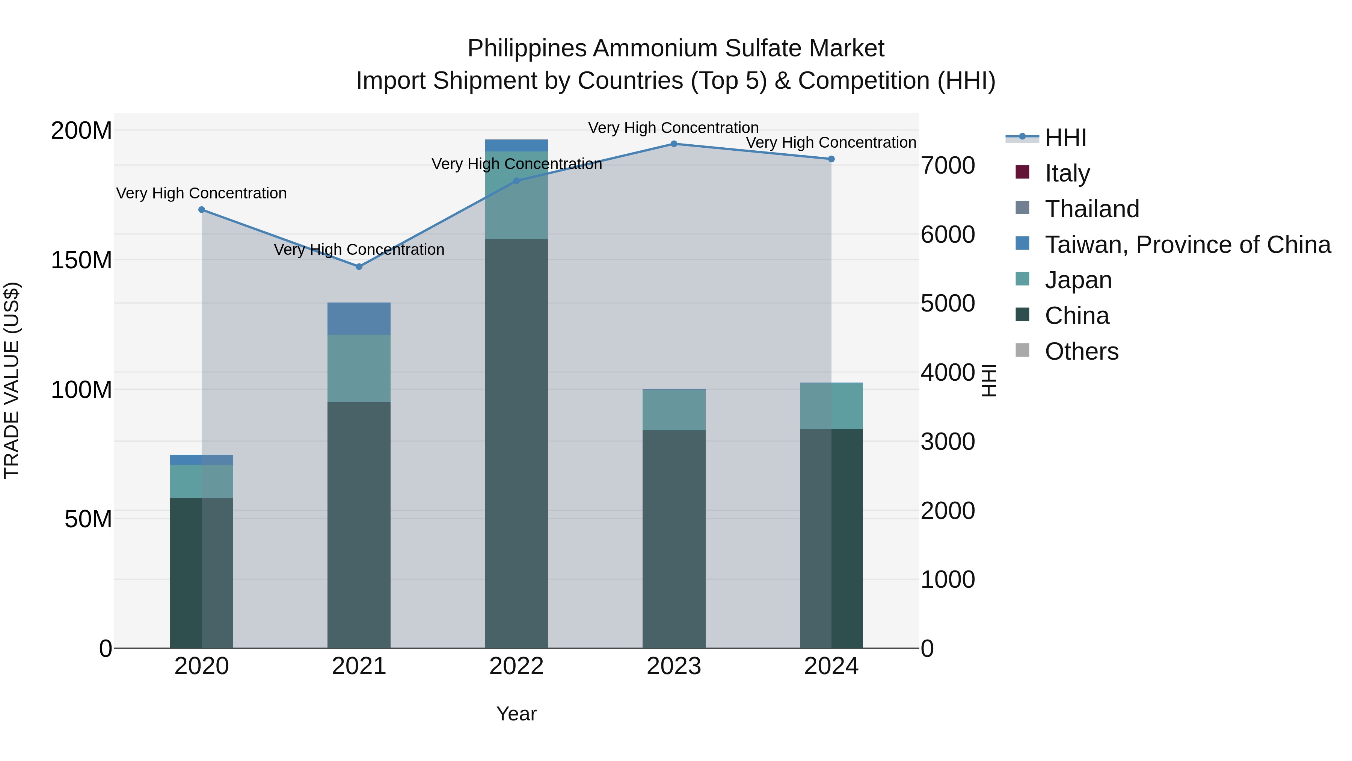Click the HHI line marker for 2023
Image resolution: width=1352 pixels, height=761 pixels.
click(x=674, y=144)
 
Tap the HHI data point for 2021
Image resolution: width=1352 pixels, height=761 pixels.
click(x=359, y=267)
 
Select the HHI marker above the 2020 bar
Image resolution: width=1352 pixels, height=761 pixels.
click(x=202, y=210)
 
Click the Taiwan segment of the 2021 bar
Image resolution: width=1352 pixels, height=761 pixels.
click(x=359, y=319)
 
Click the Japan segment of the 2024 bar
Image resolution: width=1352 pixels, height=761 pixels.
click(x=831, y=406)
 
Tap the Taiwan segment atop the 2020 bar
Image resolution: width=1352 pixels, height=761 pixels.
click(x=202, y=460)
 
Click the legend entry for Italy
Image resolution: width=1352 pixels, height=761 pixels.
click(x=1067, y=173)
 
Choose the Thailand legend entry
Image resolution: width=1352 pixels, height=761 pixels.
click(x=1092, y=209)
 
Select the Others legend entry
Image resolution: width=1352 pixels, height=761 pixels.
click(x=1081, y=351)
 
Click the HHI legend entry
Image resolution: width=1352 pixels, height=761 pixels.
click(x=1065, y=138)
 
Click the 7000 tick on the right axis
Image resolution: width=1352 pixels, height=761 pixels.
click(x=948, y=165)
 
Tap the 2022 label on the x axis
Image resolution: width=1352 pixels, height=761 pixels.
click(x=516, y=666)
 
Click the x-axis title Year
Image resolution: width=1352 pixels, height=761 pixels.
click(x=516, y=714)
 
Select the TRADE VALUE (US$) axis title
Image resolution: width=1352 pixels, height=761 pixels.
click(x=12, y=380)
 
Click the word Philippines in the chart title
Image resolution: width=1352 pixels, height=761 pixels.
click(x=527, y=48)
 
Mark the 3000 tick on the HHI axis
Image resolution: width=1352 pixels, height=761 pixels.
click(x=948, y=442)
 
